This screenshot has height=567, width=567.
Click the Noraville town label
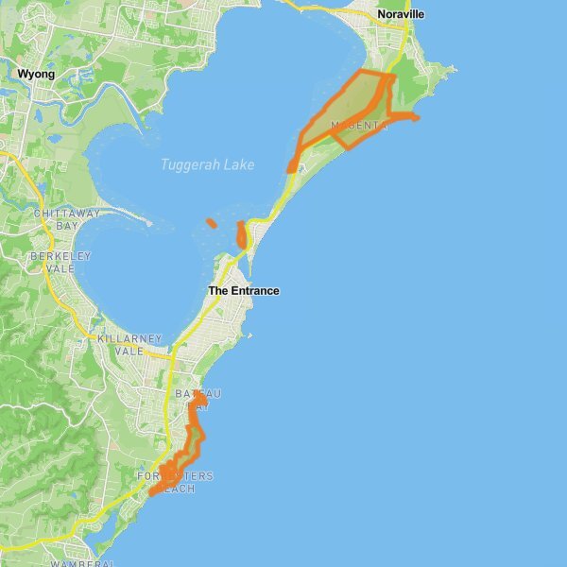point(401,15)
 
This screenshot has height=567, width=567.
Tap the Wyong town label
point(36,74)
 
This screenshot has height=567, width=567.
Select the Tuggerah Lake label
point(207,164)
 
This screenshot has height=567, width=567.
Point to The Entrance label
point(243,291)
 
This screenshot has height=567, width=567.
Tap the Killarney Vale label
point(130,344)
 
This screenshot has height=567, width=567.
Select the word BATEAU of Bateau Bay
point(198,394)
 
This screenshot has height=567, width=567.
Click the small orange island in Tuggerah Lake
point(211,223)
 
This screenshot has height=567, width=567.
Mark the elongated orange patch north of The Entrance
point(241,234)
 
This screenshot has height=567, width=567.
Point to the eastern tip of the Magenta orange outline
point(416,117)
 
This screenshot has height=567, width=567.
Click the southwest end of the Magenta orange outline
point(291,168)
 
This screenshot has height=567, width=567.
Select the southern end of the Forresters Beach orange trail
point(152,492)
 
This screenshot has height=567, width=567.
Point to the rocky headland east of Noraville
point(442,70)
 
